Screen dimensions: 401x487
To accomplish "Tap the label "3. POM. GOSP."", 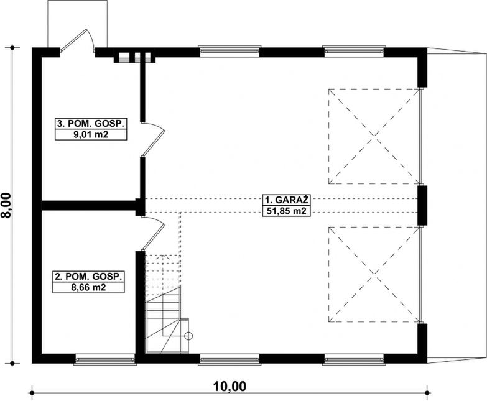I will click(x=91, y=124).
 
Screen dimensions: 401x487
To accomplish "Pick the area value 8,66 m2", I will click(x=87, y=288).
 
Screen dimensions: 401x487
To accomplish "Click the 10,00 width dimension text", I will click(x=230, y=386).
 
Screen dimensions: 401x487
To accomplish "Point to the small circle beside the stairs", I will click(x=189, y=336).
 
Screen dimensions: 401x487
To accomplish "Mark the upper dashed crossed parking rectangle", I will click(x=374, y=136).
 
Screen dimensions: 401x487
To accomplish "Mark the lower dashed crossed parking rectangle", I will click(x=374, y=274).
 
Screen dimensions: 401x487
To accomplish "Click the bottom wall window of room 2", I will click(x=104, y=359).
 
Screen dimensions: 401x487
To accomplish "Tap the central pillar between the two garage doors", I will click(x=422, y=205).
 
